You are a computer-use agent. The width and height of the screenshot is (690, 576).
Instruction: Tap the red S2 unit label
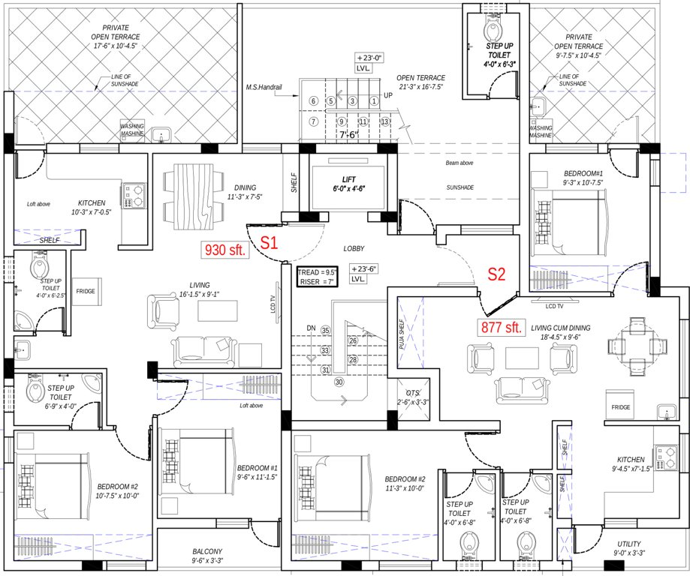coord(498,274)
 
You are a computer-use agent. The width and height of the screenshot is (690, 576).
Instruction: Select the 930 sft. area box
coord(224,250)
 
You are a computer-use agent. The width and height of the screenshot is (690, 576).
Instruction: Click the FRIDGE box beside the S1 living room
coord(85,291)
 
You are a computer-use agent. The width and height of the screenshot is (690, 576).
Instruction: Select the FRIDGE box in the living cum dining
coord(620,407)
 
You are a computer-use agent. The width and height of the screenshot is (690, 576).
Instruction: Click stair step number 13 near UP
coord(384,121)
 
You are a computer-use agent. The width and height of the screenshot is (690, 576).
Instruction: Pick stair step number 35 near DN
coord(325,330)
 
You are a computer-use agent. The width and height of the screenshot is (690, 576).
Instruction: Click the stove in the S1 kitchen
coord(134,195)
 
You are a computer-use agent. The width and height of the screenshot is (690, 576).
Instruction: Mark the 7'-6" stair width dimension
coord(348,136)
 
